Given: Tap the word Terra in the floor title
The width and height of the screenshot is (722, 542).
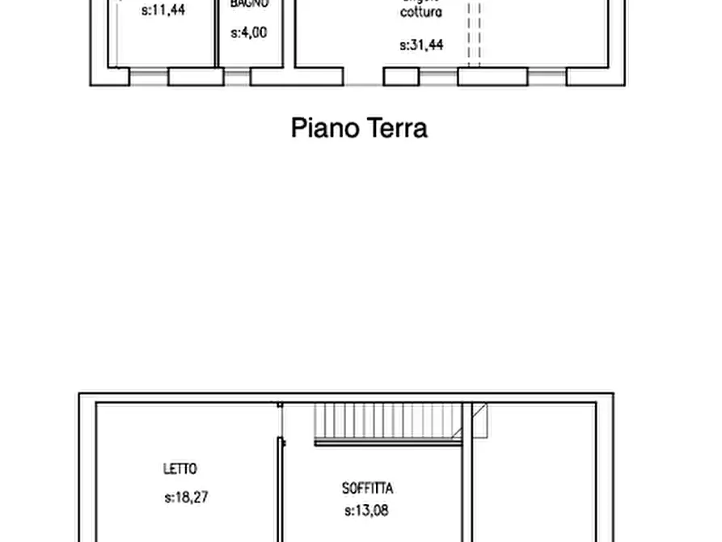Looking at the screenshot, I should click(x=396, y=128).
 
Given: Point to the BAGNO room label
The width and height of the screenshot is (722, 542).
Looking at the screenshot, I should click(x=249, y=4).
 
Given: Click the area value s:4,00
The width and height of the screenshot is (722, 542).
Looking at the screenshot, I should click(x=249, y=33).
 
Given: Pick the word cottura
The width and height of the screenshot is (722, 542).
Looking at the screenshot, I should click(x=421, y=13).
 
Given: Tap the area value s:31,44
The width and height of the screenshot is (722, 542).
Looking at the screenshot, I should click(x=421, y=46).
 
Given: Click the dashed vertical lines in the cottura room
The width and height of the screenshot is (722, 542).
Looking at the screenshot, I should click(x=474, y=32).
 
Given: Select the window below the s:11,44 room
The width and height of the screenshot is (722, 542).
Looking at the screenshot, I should click(x=149, y=77).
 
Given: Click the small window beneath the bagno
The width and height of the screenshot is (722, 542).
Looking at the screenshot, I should click(x=237, y=77).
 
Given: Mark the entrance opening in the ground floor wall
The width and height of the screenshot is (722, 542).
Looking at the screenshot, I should click(x=363, y=78).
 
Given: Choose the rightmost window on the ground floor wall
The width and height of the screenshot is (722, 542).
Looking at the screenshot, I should click(x=547, y=77).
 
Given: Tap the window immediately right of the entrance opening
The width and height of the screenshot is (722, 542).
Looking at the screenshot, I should click(x=438, y=77).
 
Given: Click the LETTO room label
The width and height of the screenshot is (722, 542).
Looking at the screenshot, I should click(x=180, y=468).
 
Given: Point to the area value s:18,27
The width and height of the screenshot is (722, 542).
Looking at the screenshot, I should click(x=186, y=498).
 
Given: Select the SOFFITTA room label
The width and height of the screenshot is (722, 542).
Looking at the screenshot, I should click(x=368, y=489).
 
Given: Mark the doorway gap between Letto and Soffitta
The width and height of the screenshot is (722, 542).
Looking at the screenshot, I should click(x=280, y=421).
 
